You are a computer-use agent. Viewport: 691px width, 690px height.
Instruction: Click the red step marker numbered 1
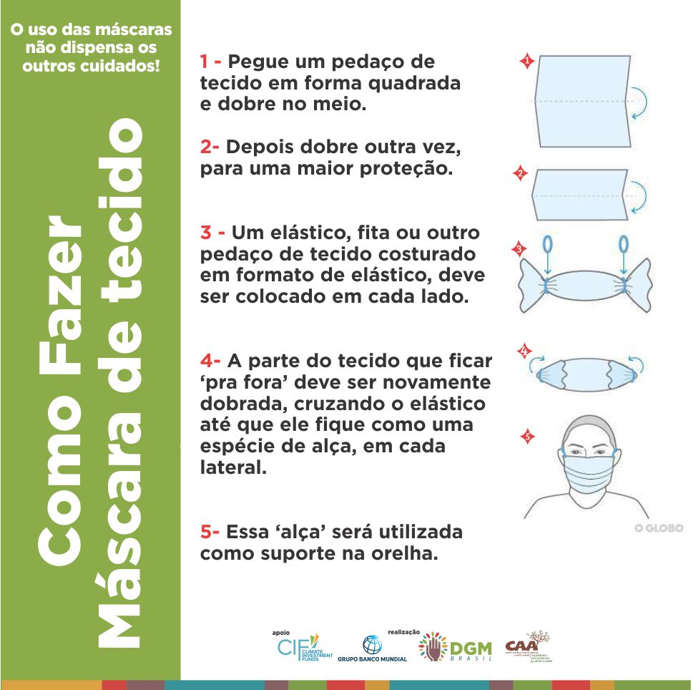pos(527,62)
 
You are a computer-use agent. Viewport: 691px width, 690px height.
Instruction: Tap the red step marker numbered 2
pos(520,174)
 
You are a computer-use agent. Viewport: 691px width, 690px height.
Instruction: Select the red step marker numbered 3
pos(519,249)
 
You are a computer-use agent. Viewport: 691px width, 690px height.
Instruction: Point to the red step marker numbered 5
pos(527,436)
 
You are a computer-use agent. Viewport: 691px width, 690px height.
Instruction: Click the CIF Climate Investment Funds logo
pos(303,647)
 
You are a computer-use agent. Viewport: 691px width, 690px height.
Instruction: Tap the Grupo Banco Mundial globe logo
pos(372,647)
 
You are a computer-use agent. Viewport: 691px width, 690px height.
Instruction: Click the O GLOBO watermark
pos(658,528)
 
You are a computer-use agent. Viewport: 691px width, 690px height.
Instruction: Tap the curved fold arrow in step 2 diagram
pos(639,195)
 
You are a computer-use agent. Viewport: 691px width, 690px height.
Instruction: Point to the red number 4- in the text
pos(211,359)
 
